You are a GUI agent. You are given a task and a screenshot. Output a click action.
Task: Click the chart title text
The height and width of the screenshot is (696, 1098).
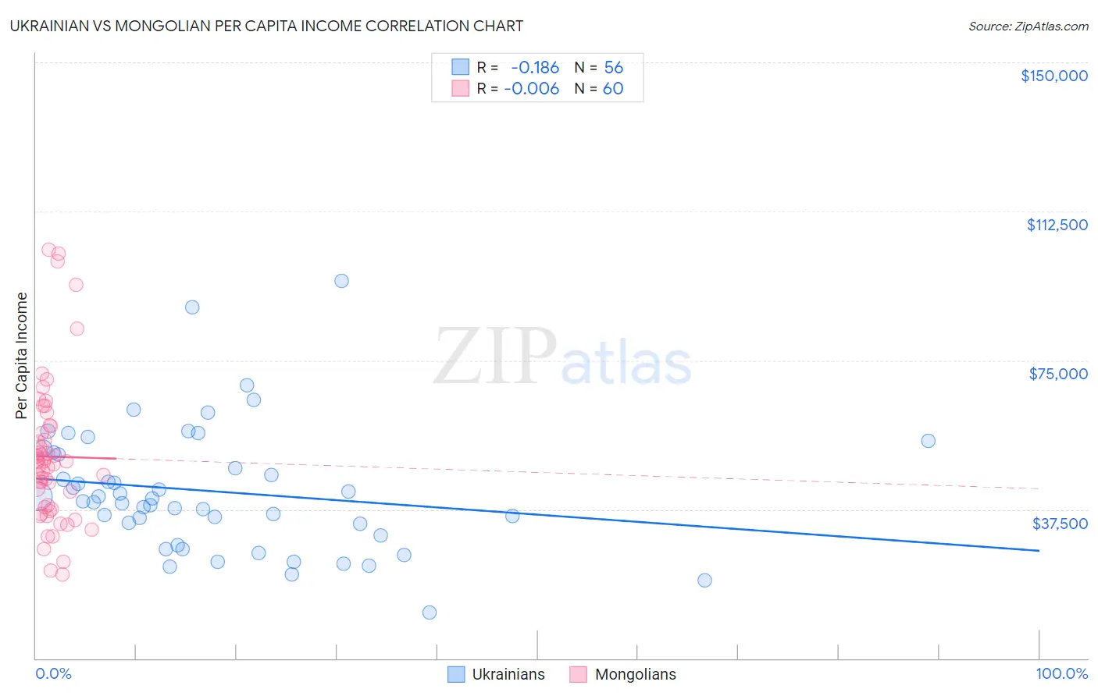pyautogui.click(x=266, y=26)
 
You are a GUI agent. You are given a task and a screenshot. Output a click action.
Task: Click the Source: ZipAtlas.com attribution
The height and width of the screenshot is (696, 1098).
pyautogui.click(x=1028, y=26)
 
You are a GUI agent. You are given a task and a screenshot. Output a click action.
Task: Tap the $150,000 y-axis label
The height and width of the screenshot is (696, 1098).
pyautogui.click(x=1053, y=76)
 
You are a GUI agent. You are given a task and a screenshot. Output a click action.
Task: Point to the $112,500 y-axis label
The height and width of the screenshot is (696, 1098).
pyautogui.click(x=1057, y=225)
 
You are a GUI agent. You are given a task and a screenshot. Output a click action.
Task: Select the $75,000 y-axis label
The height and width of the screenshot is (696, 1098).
pyautogui.click(x=1057, y=374)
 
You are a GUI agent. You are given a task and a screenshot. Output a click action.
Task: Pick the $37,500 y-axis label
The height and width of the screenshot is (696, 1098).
pyautogui.click(x=1059, y=524)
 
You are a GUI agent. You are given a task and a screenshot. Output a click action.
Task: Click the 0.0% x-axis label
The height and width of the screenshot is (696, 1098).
pyautogui.click(x=53, y=673)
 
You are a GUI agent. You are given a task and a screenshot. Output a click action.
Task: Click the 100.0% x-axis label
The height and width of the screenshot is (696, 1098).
pyautogui.click(x=1061, y=673)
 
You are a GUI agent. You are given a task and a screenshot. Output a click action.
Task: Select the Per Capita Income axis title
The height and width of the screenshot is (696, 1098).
pyautogui.click(x=22, y=355)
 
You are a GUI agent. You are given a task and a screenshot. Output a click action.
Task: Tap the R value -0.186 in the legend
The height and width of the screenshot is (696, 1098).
pyautogui.click(x=535, y=68)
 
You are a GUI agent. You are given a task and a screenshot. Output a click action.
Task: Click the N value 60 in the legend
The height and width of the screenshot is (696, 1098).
pyautogui.click(x=613, y=89)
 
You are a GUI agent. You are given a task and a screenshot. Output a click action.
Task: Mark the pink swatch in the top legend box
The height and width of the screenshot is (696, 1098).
pyautogui.click(x=460, y=89)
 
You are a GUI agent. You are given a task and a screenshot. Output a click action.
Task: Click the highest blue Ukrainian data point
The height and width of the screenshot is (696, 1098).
pyautogui.click(x=341, y=281)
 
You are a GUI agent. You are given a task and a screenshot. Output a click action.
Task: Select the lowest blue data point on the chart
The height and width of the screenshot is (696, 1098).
pyautogui.click(x=429, y=613)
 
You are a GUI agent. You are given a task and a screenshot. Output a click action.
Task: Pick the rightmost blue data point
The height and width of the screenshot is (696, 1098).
pyautogui.click(x=928, y=441)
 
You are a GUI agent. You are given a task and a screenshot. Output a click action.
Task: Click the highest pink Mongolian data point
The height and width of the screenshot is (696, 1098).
pyautogui.click(x=48, y=250)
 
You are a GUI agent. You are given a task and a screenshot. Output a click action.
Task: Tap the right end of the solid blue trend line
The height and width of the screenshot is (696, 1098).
pyautogui.click(x=1039, y=551)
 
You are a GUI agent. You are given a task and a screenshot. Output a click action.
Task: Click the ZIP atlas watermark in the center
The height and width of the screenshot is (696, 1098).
pyautogui.click(x=562, y=357)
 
